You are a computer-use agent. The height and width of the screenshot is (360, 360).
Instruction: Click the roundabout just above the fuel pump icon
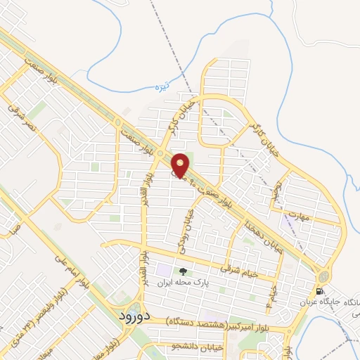click(322, 276)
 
